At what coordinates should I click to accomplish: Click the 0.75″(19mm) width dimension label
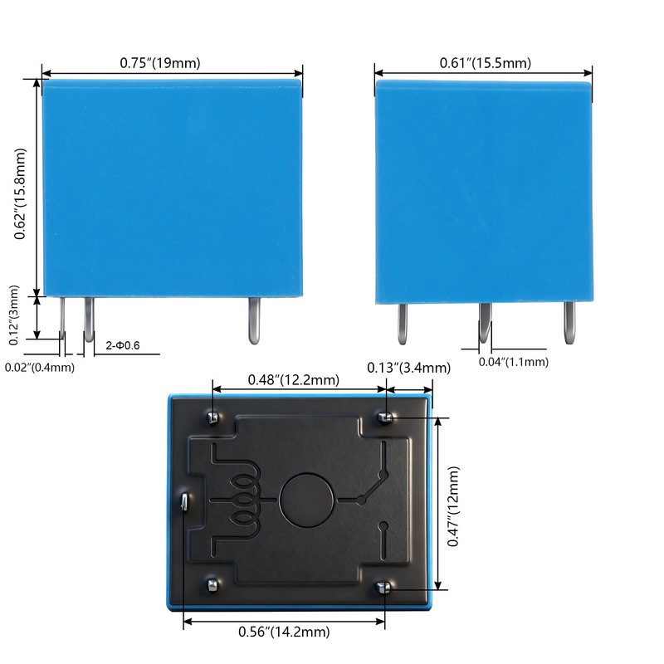pos(160,63)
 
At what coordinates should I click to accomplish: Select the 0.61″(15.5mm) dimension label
pos(486,63)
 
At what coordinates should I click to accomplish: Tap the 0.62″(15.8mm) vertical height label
pos(20,194)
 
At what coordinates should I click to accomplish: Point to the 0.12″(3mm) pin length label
pos(14,315)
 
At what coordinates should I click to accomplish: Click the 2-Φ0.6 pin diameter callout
pos(122,345)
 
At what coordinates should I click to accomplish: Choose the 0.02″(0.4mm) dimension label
pos(40,367)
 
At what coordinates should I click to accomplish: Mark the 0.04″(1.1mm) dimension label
pos(514,362)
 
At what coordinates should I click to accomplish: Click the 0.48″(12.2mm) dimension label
pos(294,380)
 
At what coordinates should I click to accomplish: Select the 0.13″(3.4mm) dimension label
pos(408,368)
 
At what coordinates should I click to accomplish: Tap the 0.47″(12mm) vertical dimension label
pos(453,506)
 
